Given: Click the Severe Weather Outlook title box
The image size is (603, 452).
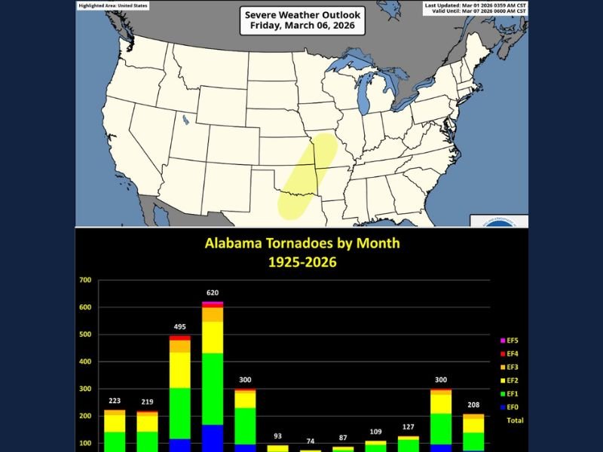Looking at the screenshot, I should (x=302, y=20).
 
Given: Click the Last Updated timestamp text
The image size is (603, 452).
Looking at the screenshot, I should (x=476, y=5).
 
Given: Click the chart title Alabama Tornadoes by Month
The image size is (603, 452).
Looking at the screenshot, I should (x=302, y=243).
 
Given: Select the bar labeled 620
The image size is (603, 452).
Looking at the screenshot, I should (x=213, y=377).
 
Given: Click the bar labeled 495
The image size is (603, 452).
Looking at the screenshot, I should (x=179, y=392).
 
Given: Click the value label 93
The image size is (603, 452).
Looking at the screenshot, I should (x=277, y=437).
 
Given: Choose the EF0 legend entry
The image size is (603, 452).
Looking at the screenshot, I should (x=512, y=407).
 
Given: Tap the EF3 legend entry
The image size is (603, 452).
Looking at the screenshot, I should (x=512, y=367).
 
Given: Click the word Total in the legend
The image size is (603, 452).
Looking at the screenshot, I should (x=515, y=420).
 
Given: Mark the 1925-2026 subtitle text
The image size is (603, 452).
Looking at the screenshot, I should (x=302, y=262).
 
